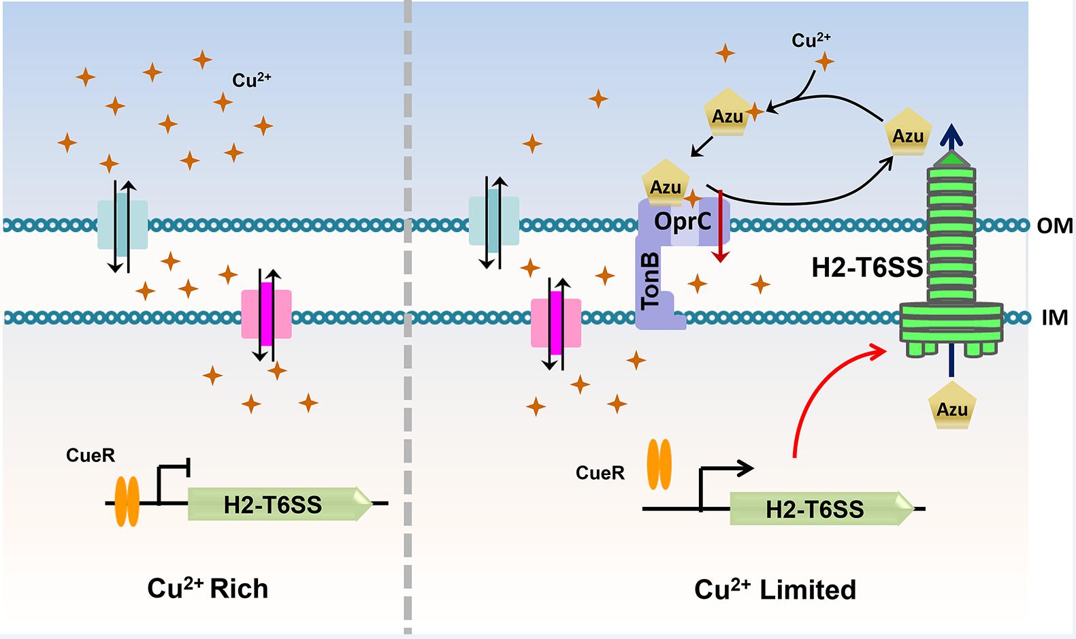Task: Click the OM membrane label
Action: click(x=1054, y=225)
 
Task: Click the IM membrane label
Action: click(x=1054, y=317)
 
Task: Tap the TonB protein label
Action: click(x=651, y=280)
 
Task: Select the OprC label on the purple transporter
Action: click(x=682, y=220)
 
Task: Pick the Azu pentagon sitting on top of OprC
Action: click(x=665, y=184)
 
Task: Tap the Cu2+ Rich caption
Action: click(x=208, y=588)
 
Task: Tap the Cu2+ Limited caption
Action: click(x=775, y=589)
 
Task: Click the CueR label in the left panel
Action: click(x=91, y=455)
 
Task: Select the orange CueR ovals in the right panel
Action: click(x=658, y=464)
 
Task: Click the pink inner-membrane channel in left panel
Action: click(x=266, y=314)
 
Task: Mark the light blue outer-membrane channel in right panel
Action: click(x=493, y=221)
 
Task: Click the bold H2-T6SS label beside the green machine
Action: click(x=867, y=268)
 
